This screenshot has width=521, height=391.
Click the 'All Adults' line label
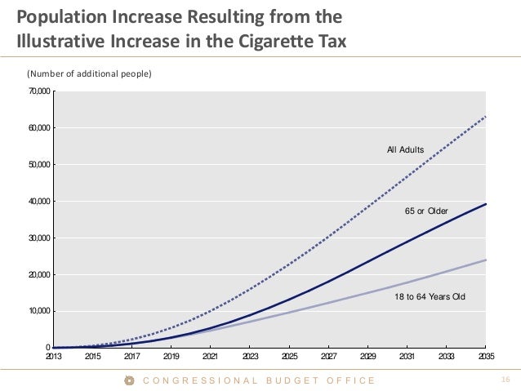405,150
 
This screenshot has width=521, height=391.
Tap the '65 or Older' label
426,211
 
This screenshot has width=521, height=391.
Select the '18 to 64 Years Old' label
430,297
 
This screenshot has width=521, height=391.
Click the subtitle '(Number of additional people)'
91,74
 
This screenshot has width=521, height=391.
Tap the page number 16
505,380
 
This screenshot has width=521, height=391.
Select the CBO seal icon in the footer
128,380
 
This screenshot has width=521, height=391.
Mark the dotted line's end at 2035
486,117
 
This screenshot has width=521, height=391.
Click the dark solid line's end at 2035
486,204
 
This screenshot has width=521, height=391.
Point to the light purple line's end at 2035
486,260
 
